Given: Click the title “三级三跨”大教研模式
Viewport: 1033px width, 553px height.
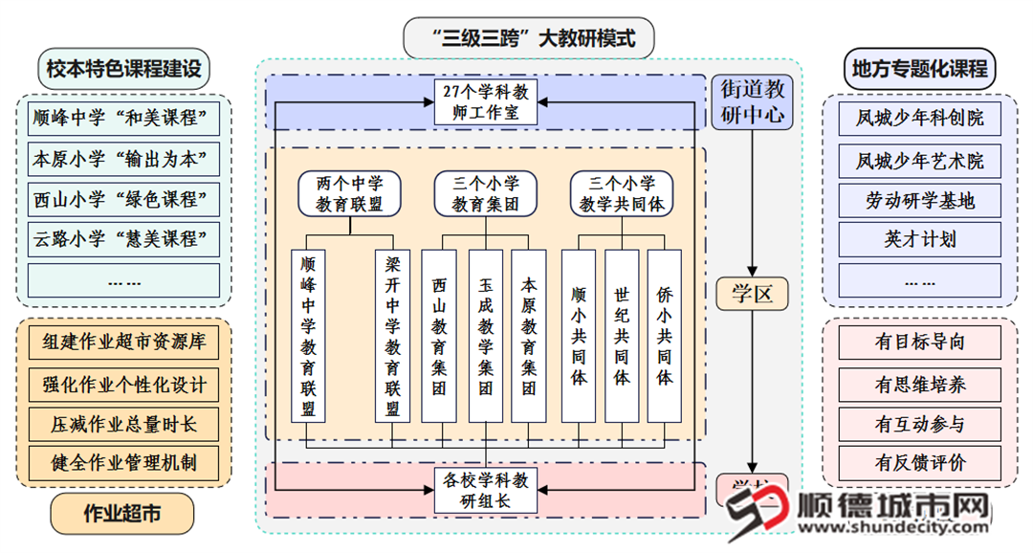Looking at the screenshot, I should (531, 40).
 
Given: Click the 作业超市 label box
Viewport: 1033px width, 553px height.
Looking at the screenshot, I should (121, 514).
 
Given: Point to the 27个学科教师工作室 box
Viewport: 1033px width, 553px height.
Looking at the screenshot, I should (487, 101).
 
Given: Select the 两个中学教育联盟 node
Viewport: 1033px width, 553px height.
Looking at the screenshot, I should (348, 192).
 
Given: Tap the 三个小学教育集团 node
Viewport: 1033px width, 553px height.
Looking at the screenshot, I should (485, 192).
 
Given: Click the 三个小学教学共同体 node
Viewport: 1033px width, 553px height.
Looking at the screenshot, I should (623, 192).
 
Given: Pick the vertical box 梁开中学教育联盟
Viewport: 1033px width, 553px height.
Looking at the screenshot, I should (392, 335).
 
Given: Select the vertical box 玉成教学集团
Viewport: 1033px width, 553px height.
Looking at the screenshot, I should (485, 335).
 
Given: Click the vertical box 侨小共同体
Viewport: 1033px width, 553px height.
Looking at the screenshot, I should (665, 335).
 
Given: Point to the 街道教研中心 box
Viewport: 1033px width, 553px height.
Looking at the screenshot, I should (752, 102).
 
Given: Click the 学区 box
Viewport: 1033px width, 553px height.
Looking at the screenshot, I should (752, 294).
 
